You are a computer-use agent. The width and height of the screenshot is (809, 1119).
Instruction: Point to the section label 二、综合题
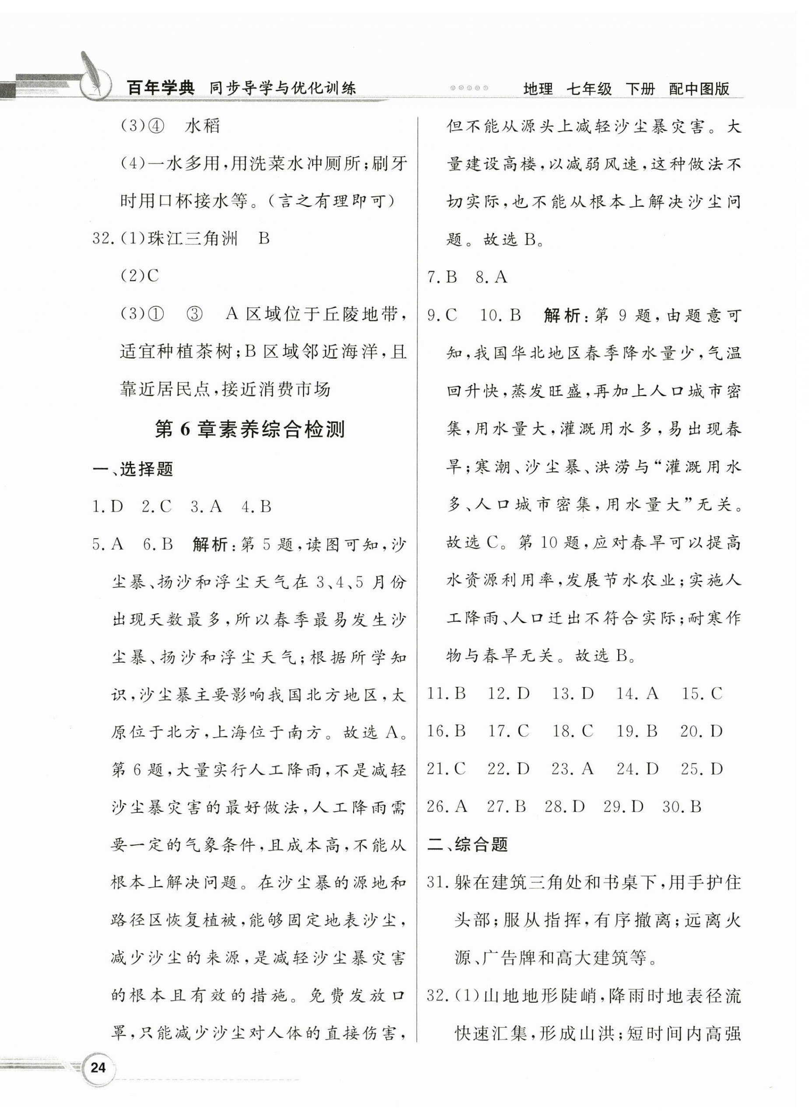point(467,844)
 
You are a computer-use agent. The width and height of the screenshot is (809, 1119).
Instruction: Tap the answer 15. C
point(701,694)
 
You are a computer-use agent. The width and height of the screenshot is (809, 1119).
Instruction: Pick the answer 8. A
point(491,277)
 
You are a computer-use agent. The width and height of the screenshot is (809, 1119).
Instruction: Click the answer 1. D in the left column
point(108,507)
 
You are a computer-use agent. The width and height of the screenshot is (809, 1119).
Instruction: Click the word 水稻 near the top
point(202,126)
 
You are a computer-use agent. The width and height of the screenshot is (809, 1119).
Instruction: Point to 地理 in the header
point(538,89)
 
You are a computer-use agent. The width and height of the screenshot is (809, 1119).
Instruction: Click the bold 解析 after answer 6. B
point(211,545)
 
